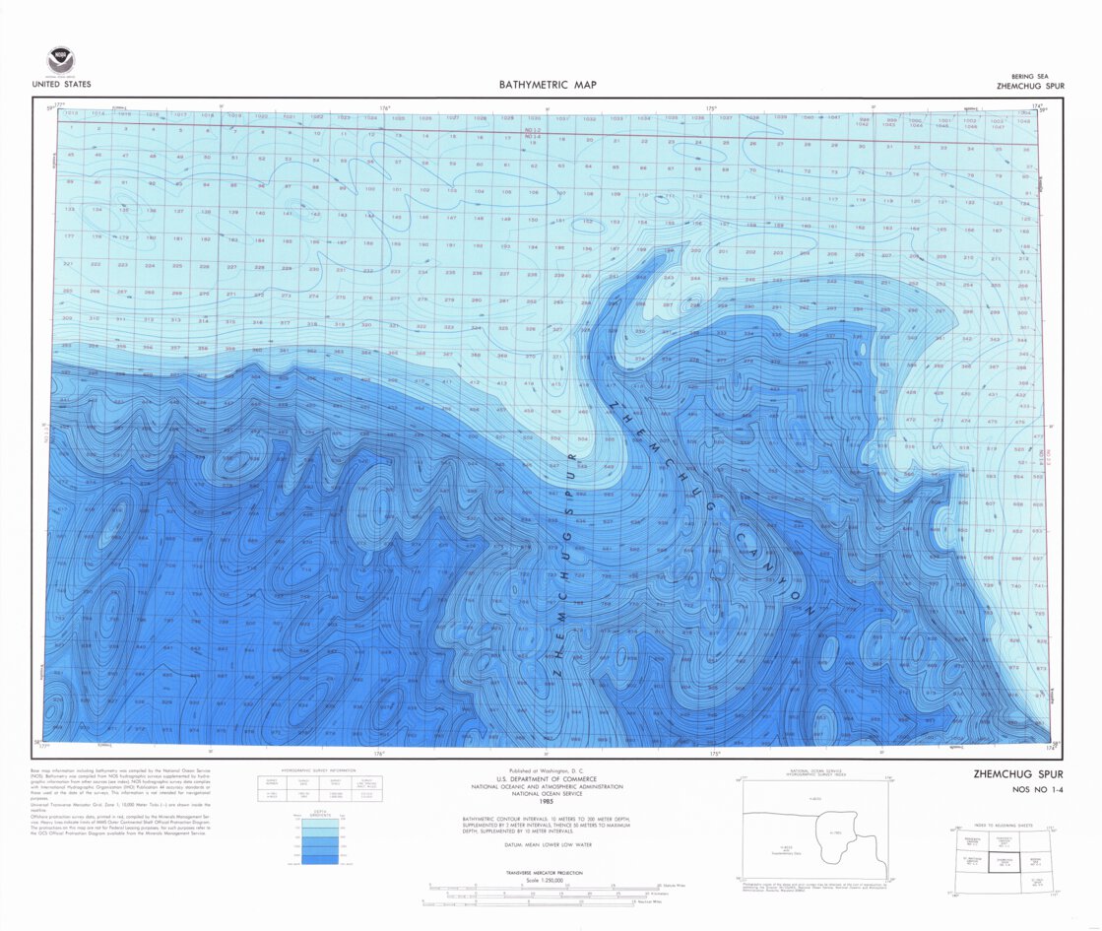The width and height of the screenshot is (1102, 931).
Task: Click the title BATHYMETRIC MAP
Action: pos(547,85)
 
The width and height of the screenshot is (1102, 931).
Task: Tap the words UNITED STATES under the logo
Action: pos(61,85)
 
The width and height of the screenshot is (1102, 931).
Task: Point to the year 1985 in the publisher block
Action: pos(550,797)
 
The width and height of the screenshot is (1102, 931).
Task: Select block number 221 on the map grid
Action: pos(68,264)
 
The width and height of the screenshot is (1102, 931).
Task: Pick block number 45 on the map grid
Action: pos(70,155)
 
